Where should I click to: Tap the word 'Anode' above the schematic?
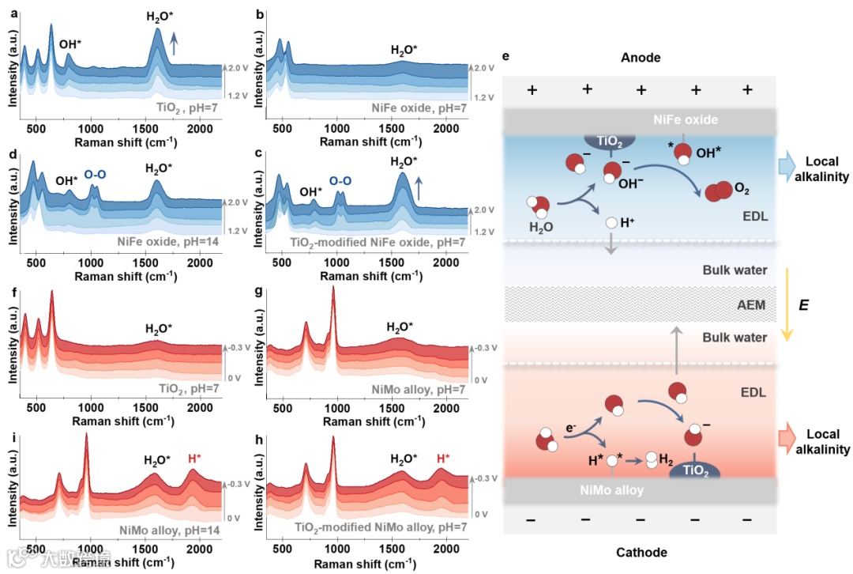[641, 57]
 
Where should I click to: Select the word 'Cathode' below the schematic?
[641, 552]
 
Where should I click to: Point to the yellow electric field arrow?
[787, 304]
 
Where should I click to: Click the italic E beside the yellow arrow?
[803, 304]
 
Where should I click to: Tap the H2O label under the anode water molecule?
[541, 227]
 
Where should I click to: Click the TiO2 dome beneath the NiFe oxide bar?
[610, 141]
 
